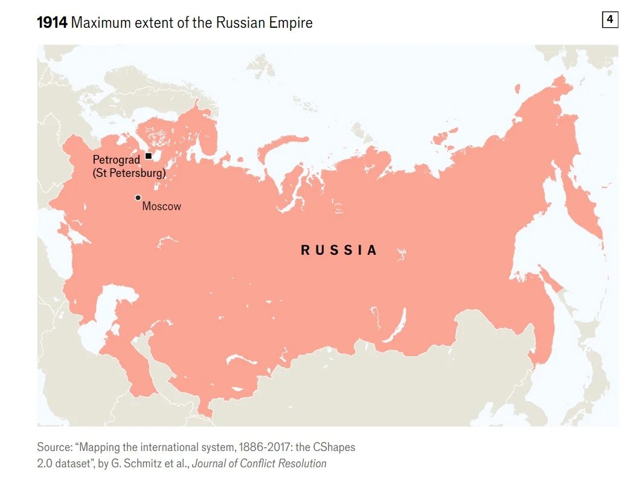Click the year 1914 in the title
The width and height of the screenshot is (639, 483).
point(52,23)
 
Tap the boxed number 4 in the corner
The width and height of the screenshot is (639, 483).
point(609,20)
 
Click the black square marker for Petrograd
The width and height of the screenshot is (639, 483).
point(149,156)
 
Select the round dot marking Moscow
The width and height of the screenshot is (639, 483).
point(138,197)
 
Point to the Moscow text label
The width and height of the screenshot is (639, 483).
point(161,206)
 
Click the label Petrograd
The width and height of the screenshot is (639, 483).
point(116,159)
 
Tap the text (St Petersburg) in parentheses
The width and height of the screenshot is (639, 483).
point(129,174)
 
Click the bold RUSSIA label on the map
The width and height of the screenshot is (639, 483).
point(339,250)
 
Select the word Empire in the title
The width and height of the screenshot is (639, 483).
point(291,23)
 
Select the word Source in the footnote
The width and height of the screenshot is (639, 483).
point(53,447)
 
